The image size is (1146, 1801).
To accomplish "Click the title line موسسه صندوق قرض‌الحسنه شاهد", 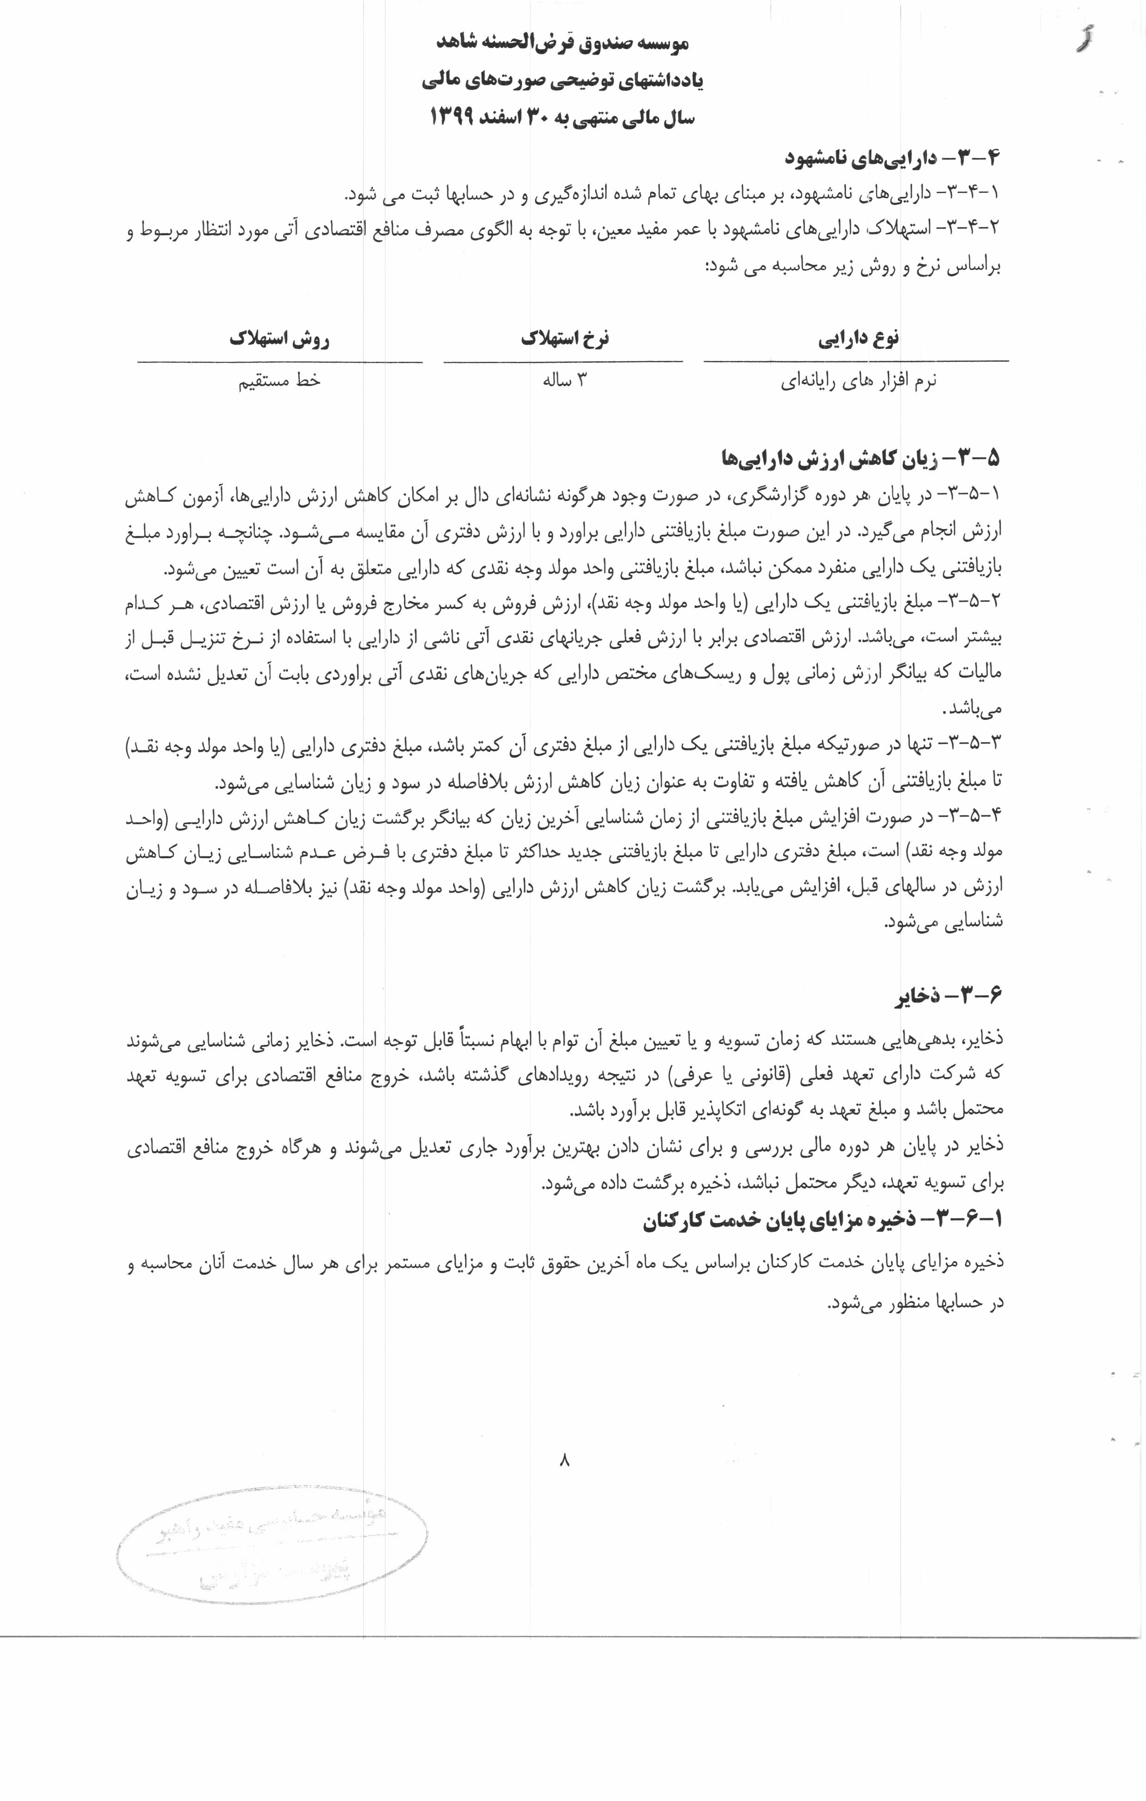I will click(562, 43).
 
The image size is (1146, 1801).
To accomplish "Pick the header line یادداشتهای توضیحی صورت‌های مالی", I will click(562, 81).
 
